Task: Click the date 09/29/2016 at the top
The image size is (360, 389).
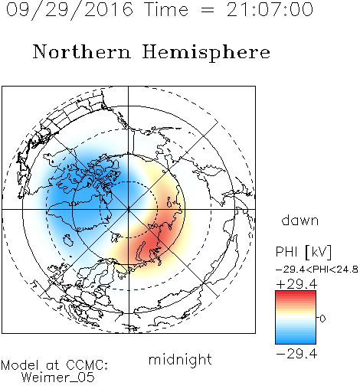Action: pyautogui.click(x=70, y=10)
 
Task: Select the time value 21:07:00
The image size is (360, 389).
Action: pyautogui.click(x=270, y=9)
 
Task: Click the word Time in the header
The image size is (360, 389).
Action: pyautogui.click(x=166, y=9)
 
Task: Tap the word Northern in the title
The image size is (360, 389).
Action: pyautogui.click(x=82, y=51)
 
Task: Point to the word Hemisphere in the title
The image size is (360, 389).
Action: pyautogui.click(x=206, y=53)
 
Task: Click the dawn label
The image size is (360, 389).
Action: pyautogui.click(x=300, y=221)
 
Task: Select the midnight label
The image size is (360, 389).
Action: pyautogui.click(x=180, y=359)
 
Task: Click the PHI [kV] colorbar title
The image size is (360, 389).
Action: pyautogui.click(x=303, y=252)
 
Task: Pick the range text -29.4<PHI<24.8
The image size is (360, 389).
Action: pyautogui.click(x=317, y=270)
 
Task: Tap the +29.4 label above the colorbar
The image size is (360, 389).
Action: pyautogui.click(x=296, y=284)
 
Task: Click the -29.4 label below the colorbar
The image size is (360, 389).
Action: pyautogui.click(x=296, y=354)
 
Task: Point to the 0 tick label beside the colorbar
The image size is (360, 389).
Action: pyautogui.click(x=322, y=319)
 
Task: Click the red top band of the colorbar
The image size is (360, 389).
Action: pyautogui.click(x=296, y=294)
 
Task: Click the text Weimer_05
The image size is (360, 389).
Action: pyautogui.click(x=58, y=377)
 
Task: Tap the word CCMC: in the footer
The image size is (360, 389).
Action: pyautogui.click(x=87, y=364)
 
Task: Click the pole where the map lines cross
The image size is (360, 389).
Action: pyautogui.click(x=128, y=209)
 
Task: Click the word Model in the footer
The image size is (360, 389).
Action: pyautogui.click(x=20, y=364)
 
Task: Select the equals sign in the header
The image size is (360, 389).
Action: pyautogui.click(x=208, y=10)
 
